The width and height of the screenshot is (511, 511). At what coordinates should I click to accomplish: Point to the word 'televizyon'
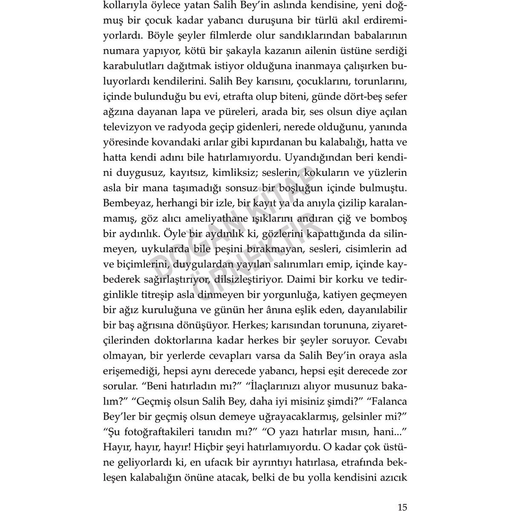[125, 127]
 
